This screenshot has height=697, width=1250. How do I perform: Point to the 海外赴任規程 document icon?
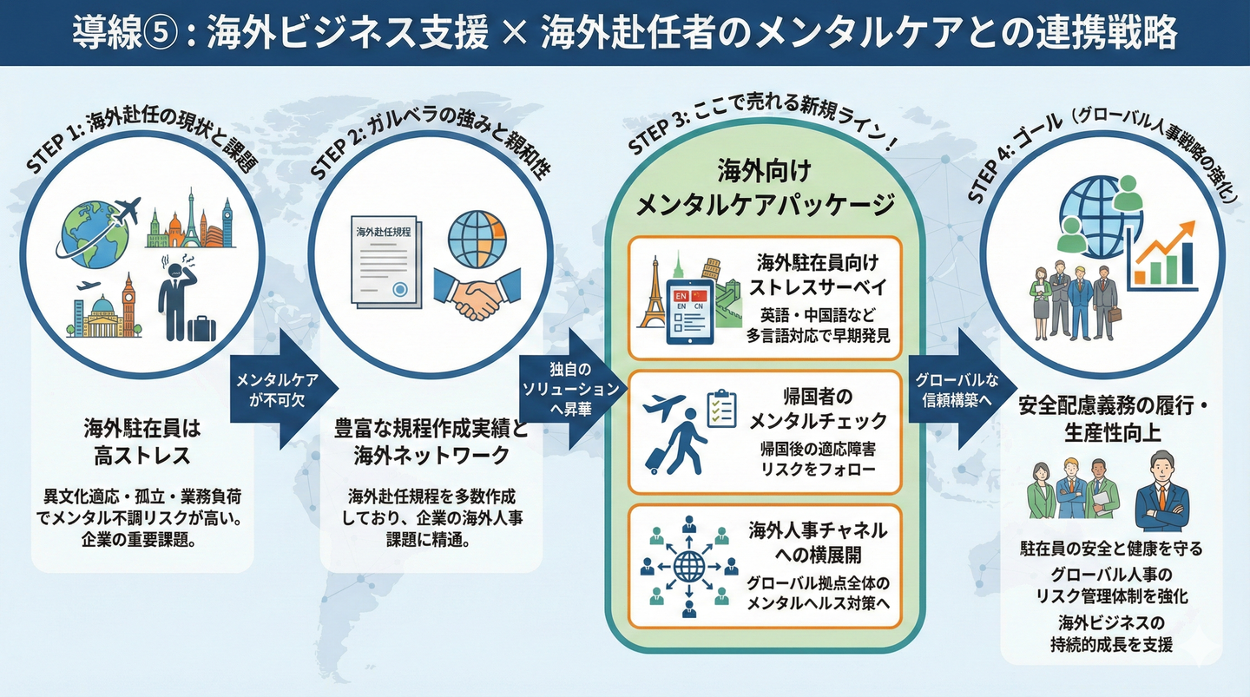click(383, 260)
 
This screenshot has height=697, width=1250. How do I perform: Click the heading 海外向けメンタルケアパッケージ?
click(764, 187)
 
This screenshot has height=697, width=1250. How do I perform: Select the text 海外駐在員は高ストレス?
click(142, 440)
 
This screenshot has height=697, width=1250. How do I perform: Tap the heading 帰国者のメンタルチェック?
click(818, 409)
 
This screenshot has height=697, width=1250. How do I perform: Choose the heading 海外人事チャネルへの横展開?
click(818, 543)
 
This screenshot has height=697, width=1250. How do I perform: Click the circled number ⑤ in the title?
click(162, 34)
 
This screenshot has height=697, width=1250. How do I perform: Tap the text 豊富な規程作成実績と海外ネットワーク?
click(431, 442)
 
